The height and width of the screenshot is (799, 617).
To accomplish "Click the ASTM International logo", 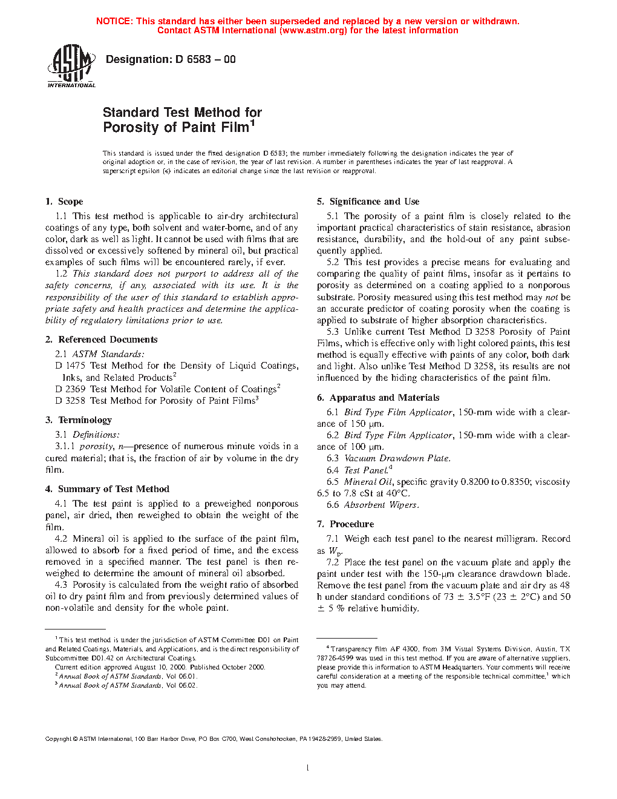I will pyautogui.click(x=71, y=66).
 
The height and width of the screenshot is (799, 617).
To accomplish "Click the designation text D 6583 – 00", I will pyautogui.click(x=205, y=59).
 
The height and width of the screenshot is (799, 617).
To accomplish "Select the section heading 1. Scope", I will pyautogui.click(x=64, y=202).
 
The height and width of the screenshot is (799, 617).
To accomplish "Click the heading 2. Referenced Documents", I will pyautogui.click(x=101, y=340).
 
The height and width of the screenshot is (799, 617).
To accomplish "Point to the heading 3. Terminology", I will pyautogui.click(x=79, y=420).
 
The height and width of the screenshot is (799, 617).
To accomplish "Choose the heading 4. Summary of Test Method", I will pyautogui.click(x=107, y=489).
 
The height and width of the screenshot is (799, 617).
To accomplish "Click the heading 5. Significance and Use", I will pyautogui.click(x=368, y=202).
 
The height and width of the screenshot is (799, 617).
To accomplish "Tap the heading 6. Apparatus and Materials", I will pyautogui.click(x=378, y=398).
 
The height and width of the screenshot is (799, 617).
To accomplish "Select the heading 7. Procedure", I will pyautogui.click(x=345, y=524).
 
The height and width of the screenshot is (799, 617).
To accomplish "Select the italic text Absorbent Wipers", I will pyautogui.click(x=381, y=505).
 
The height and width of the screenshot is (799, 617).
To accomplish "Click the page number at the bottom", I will pyautogui.click(x=308, y=768).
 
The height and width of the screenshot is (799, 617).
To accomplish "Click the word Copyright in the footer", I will pyautogui.click(x=58, y=738).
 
